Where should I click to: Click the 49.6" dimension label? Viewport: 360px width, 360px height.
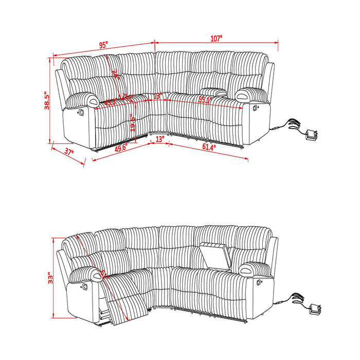[121, 148]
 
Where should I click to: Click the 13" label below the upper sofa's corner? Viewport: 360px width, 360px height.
[159, 139]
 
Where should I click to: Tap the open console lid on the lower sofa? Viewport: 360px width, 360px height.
[214, 251]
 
